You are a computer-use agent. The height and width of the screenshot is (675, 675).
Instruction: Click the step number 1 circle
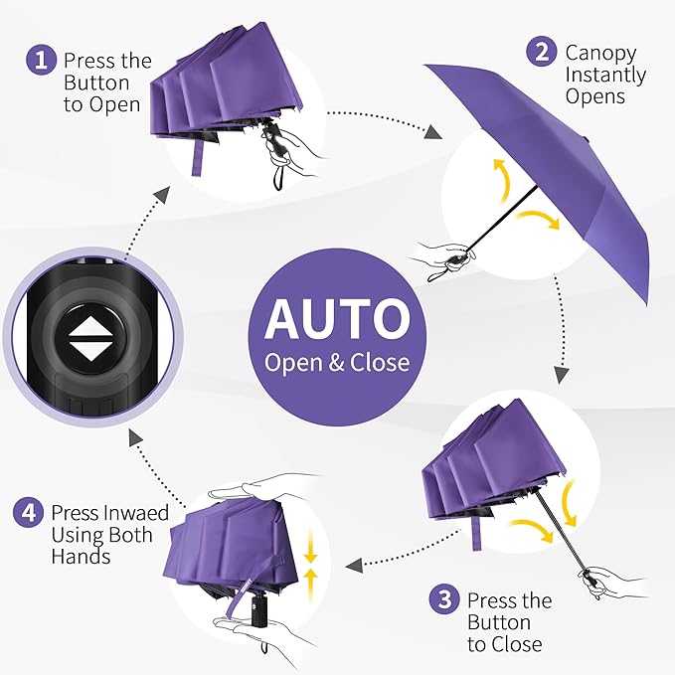click(x=41, y=61)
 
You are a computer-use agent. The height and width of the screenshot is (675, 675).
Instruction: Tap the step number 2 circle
click(x=542, y=52)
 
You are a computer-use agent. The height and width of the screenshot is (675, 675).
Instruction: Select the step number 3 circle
click(x=444, y=600)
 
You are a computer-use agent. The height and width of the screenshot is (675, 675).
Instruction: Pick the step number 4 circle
click(x=28, y=513)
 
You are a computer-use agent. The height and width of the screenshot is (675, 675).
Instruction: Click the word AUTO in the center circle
click(x=336, y=318)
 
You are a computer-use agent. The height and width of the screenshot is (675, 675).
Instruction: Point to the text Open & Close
click(x=336, y=362)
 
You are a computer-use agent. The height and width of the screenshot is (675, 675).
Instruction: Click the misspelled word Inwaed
click(x=135, y=513)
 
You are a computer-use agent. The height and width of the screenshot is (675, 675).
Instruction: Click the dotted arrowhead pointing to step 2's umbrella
click(x=435, y=132)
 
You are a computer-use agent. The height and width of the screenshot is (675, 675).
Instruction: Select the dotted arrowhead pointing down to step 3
click(x=561, y=375)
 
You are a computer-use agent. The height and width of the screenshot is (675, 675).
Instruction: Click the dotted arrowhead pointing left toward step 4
click(x=351, y=567)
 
